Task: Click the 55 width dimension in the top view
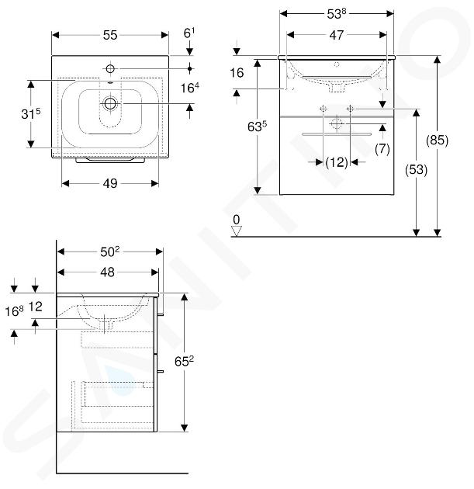[110, 35]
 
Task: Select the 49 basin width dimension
[110, 183]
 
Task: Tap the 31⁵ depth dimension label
[31, 114]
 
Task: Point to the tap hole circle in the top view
[110, 68]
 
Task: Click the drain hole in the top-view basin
[110, 103]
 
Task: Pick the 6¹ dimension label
[189, 33]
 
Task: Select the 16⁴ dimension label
[190, 88]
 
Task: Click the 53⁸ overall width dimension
[336, 13]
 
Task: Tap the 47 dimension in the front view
[336, 35]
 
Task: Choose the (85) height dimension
[437, 140]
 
